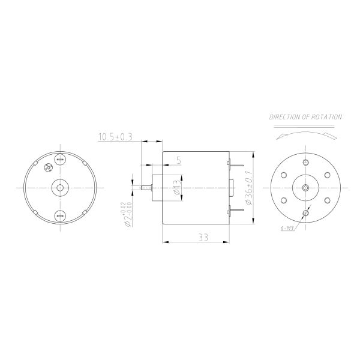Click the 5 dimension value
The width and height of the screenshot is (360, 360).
pyautogui.click(x=178, y=160)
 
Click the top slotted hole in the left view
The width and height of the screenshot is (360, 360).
pyautogui.click(x=59, y=160)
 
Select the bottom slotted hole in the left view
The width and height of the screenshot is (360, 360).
pyautogui.click(x=59, y=215)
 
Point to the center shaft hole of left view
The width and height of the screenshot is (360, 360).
pyautogui.click(x=59, y=187)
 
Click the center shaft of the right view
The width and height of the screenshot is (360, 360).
pyautogui.click(x=306, y=187)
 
